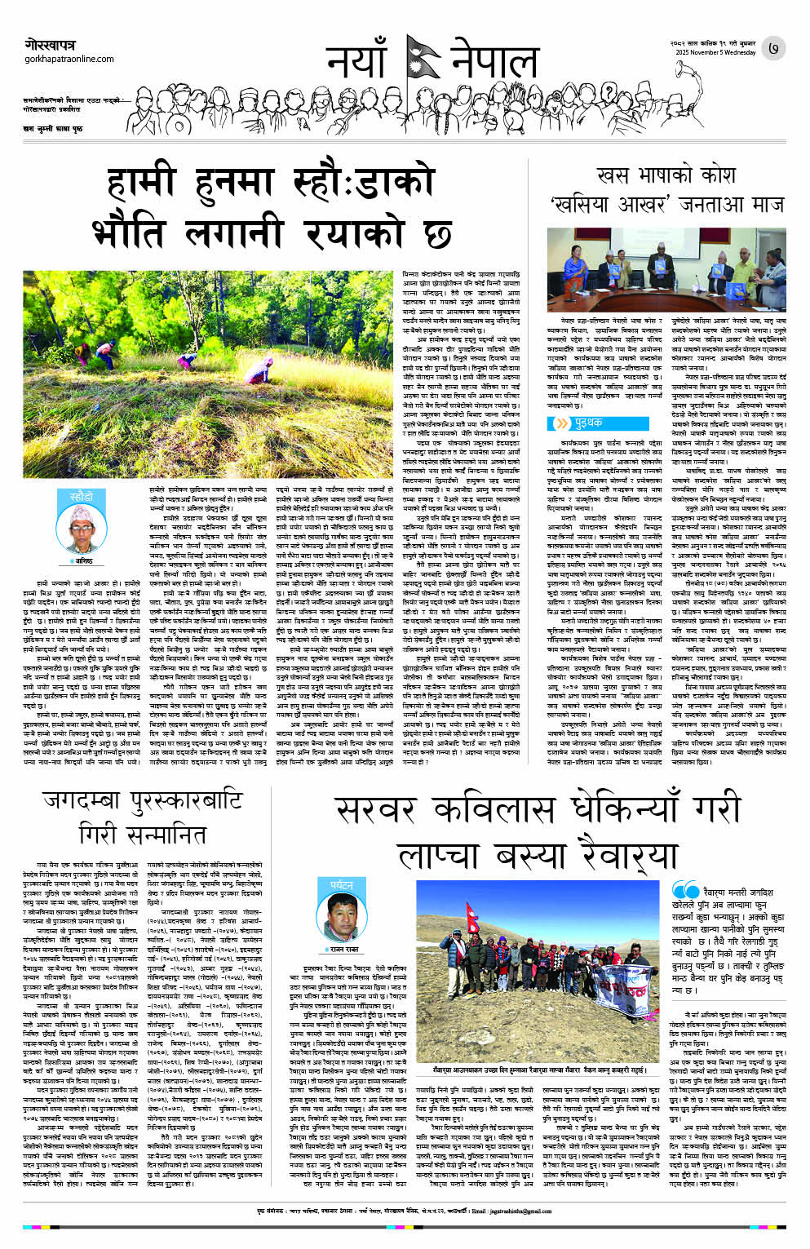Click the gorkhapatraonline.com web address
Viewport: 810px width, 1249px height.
(x=69, y=59)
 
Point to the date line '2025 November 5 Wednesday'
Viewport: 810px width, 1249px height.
(x=715, y=52)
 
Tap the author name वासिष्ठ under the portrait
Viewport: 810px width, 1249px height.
(x=82, y=562)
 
